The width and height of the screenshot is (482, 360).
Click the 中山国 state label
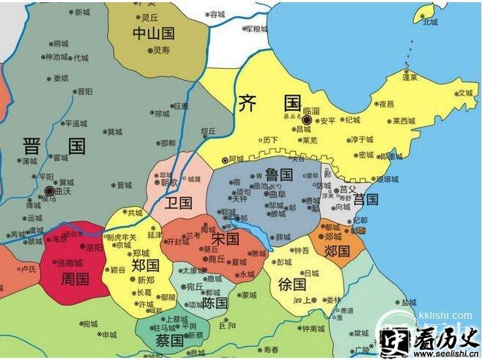pyautogui.click(x=153, y=33)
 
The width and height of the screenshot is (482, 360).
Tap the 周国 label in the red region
pyautogui.click(x=75, y=279)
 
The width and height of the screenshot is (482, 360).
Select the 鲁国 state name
pyautogui.click(x=278, y=175)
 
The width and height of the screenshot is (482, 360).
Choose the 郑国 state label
pyautogui.click(x=146, y=265)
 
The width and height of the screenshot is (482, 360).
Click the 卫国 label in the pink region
pyautogui.click(x=178, y=202)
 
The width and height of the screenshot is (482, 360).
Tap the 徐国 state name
pyautogui.click(x=292, y=284)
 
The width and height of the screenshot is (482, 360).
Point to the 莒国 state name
pyautogui.click(x=366, y=199)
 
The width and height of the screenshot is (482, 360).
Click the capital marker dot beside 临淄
pyautogui.click(x=308, y=120)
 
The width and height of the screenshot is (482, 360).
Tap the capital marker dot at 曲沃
pyautogui.click(x=49, y=189)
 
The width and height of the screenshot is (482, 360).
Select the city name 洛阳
pyautogui.click(x=94, y=248)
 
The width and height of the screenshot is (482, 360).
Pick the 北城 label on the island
pyautogui.click(x=430, y=21)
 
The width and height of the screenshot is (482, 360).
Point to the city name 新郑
pyautogui.click(x=146, y=280)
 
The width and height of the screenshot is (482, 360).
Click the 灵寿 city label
pyautogui.click(x=160, y=51)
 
